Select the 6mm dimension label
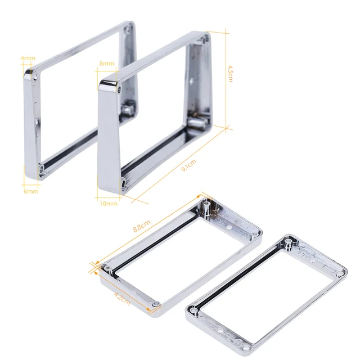[31, 191]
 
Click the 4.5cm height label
[231, 73]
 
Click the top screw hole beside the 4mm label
[37, 74]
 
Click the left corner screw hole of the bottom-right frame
[195, 309]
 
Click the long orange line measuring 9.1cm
[180, 163]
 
